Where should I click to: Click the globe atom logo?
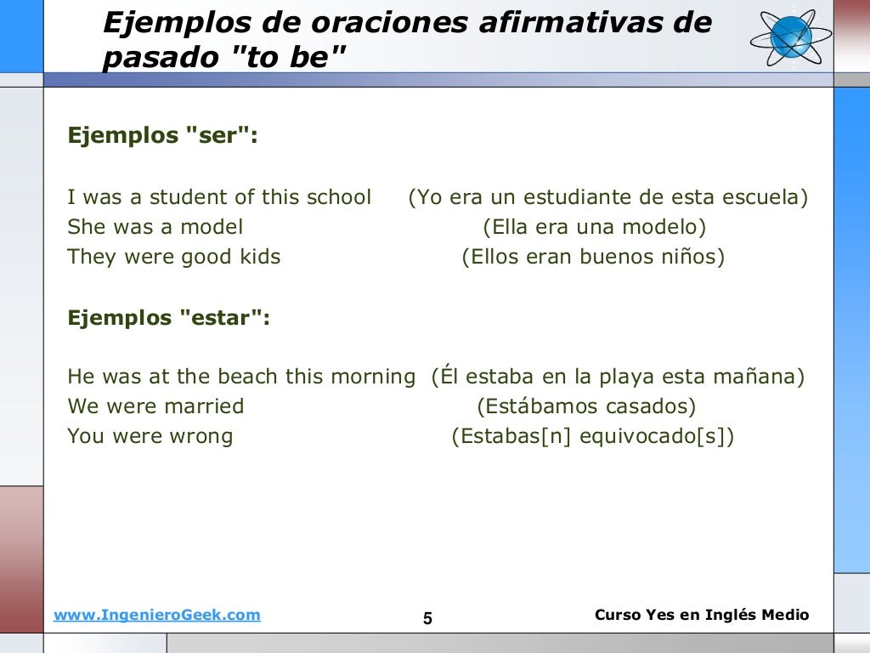click(791, 37)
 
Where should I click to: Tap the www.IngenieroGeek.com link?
click(157, 616)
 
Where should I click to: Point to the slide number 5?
click(427, 619)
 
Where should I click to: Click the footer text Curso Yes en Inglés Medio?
click(702, 615)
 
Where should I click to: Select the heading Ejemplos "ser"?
click(162, 136)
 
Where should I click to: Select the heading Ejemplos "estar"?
click(169, 318)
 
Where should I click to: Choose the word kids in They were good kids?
click(257, 257)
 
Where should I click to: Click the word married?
click(204, 406)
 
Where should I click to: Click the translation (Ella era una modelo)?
click(595, 227)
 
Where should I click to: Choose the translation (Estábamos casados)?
click(586, 406)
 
